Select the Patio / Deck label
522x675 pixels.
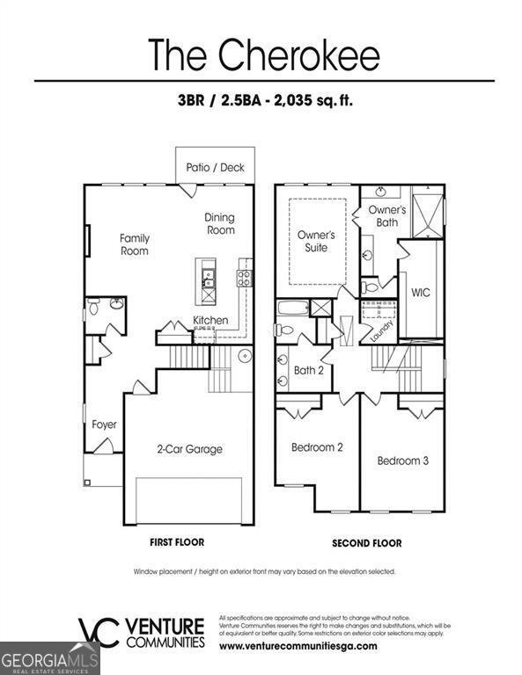pyautogui.click(x=216, y=167)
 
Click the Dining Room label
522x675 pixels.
pyautogui.click(x=220, y=224)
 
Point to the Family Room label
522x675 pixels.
pyautogui.click(x=135, y=244)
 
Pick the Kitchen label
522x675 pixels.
pyautogui.click(x=211, y=321)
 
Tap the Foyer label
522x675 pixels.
pyautogui.click(x=104, y=425)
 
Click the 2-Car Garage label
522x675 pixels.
pyautogui.click(x=188, y=449)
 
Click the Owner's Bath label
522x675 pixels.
pyautogui.click(x=386, y=216)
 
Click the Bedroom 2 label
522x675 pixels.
pyautogui.click(x=317, y=447)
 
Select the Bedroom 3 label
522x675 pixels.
pyautogui.click(x=403, y=461)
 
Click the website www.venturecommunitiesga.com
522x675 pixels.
pyautogui.click(x=298, y=646)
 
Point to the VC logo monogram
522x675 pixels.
pyautogui.click(x=97, y=632)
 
